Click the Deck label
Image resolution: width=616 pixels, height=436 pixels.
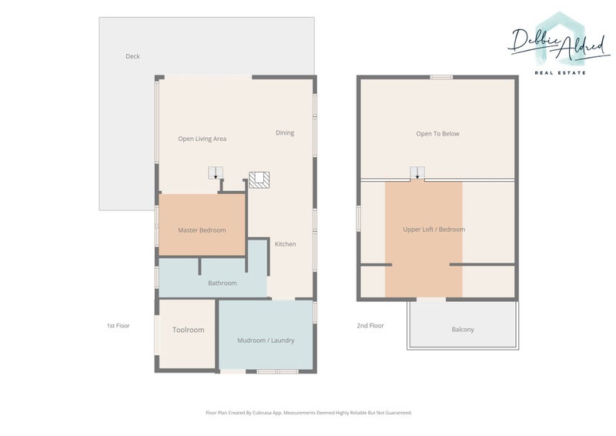pos(132,56)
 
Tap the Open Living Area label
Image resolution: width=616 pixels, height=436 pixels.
pos(202,139)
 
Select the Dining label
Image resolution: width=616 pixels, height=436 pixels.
pos(285,133)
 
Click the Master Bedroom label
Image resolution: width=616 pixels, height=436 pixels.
pos(202,230)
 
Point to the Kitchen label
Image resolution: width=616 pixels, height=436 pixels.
pos(285,244)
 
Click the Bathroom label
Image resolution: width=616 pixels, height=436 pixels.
pos(223,283)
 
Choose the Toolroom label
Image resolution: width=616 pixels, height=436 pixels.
pos(188,330)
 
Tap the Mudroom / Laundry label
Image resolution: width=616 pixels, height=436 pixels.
pos(266,340)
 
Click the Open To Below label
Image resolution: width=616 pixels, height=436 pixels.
pos(437,134)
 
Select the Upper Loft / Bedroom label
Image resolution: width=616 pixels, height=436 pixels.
pos(434,230)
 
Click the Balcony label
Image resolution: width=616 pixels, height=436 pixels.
pos(463,330)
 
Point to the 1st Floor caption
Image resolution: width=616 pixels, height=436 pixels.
pos(119,326)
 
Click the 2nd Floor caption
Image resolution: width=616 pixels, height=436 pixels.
pos(370,326)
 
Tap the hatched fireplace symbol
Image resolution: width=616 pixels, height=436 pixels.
pos(259,180)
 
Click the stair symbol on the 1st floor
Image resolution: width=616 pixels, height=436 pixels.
pos(216,173)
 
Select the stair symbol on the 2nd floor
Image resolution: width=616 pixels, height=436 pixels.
pos(417,173)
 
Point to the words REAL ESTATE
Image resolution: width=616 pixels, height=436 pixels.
pos(561,72)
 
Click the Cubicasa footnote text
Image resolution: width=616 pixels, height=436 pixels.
pos(309,413)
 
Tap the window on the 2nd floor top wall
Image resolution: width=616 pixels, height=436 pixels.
pos(441,77)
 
